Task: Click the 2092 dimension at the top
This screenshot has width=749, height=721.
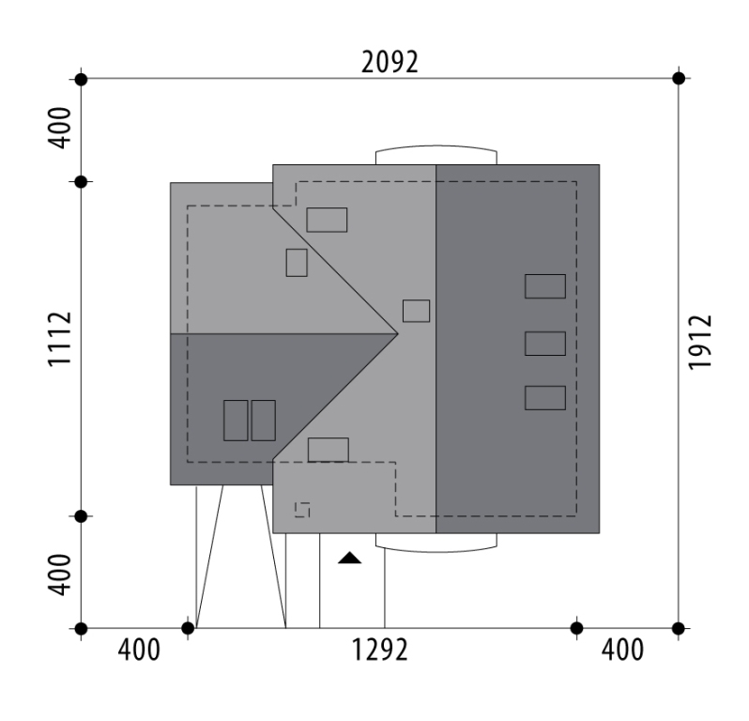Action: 390,62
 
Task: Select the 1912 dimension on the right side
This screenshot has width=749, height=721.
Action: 700,342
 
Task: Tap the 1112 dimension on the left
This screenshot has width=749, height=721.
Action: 60,339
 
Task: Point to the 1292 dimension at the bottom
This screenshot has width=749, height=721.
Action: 380,650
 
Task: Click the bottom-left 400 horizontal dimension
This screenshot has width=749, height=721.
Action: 139,650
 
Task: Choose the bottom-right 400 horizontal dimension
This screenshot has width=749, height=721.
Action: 622,650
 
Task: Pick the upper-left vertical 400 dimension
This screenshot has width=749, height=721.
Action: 60,128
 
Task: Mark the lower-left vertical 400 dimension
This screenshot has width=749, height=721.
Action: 60,575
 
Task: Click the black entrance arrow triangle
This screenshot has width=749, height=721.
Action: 350,558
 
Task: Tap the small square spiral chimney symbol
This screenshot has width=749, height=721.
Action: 302,510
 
